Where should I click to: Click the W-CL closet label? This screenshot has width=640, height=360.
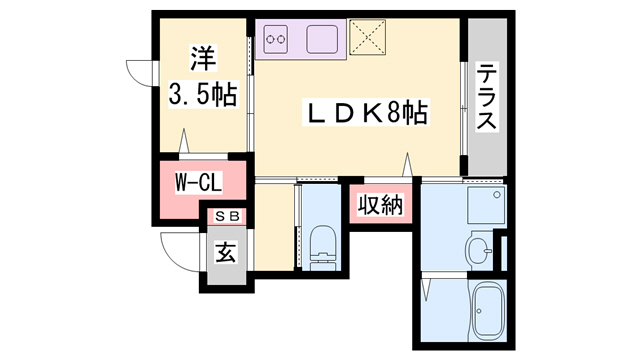point(197,184)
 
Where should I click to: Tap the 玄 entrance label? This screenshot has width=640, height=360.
point(225,253)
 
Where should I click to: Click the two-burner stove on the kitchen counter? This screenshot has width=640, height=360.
point(276,40)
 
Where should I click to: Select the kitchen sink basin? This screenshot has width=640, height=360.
point(326,40)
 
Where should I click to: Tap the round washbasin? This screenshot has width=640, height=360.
point(480,248)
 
